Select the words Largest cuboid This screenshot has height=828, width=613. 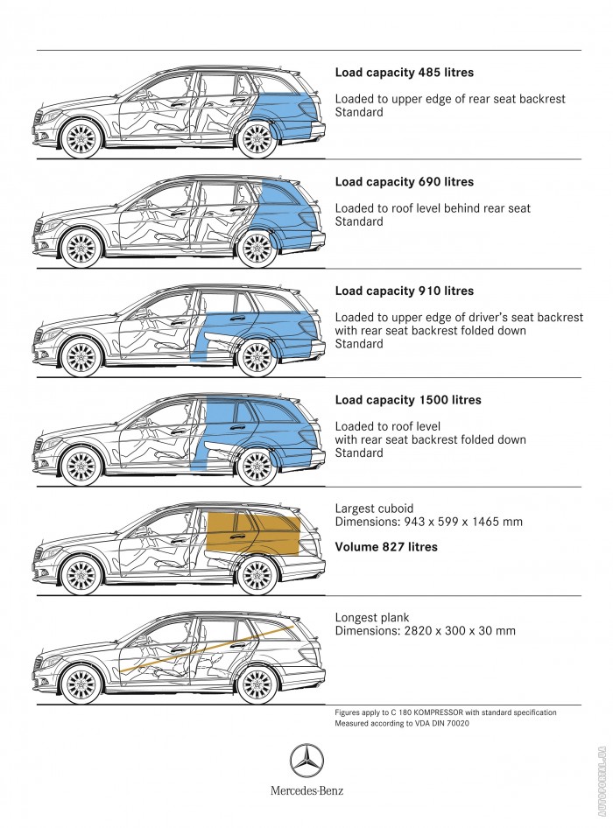374,509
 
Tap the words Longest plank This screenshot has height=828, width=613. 372,617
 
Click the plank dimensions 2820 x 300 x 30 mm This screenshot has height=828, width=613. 425,631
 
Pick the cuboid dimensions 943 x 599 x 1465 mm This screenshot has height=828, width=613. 428,523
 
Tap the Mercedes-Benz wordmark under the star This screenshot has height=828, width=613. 306,790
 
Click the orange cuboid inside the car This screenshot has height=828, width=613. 254,533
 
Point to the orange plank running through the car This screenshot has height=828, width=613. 210,648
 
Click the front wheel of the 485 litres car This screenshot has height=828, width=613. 83,137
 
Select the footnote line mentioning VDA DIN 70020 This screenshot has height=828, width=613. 395,724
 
